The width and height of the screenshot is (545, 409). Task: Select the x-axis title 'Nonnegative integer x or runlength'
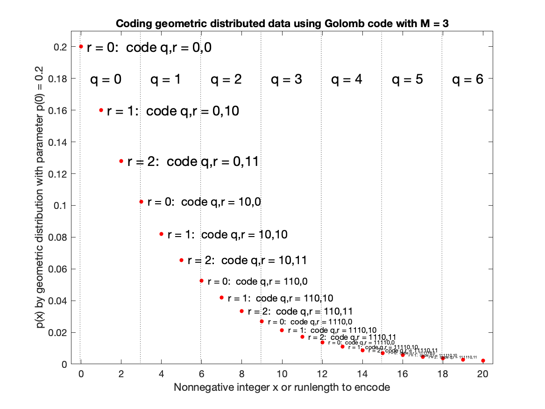coord(282,387)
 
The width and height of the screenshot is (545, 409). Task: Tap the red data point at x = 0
coord(81,46)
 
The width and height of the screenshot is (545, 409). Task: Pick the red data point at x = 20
coord(483,360)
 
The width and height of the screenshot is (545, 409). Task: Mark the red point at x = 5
coord(182,260)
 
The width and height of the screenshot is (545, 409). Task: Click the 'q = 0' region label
coord(106,80)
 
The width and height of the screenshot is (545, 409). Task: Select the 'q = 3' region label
coord(286,80)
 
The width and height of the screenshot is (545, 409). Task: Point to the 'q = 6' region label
coord(467,80)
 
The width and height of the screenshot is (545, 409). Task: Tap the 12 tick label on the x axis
coord(322,374)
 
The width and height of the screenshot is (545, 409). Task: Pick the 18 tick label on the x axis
coord(442,374)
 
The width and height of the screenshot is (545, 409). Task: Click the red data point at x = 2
coord(121,161)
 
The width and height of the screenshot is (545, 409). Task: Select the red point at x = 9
coord(262,321)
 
